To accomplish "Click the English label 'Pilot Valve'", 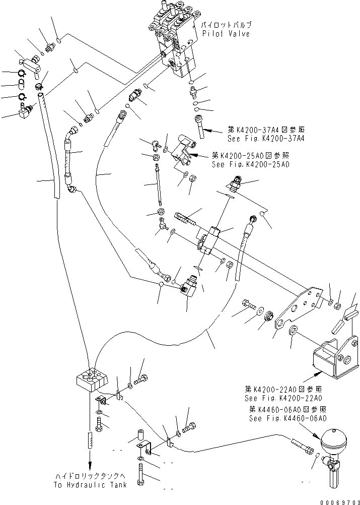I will click(226, 33).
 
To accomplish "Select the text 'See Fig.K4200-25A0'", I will click(250, 165).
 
